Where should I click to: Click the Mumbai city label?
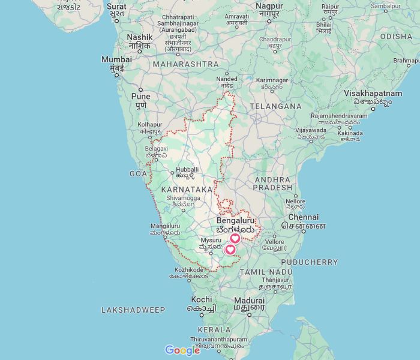[x=116, y=60]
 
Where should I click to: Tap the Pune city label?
[x=141, y=96]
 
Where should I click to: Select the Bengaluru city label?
[x=236, y=221]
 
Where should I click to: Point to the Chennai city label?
[x=303, y=217]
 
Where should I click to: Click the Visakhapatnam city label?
[x=373, y=94]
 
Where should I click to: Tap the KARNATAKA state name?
[x=187, y=189]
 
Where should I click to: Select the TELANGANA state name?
[x=275, y=106]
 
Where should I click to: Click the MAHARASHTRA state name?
[x=185, y=64]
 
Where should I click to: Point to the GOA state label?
[x=137, y=173]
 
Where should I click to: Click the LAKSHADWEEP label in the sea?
[x=133, y=310]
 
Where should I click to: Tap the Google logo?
[x=182, y=350]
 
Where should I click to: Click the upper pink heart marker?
[x=235, y=239]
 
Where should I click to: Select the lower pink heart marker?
[x=230, y=250]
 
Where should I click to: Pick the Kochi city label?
[x=202, y=299]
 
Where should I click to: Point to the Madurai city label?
[x=249, y=300]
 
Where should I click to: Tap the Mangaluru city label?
[x=164, y=226]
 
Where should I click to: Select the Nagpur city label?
[x=269, y=5]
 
